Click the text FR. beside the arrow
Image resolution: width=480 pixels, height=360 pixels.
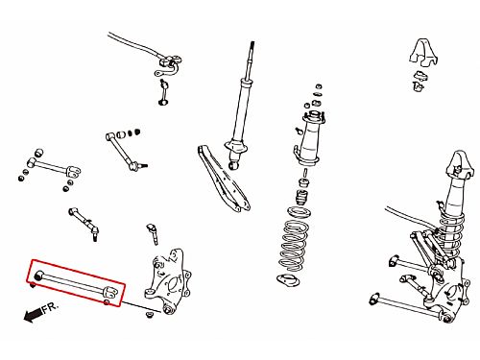coord(50,307)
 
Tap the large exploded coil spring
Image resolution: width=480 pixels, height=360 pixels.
coord(294,246)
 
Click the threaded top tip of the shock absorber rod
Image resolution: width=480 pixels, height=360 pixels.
coord(252,43)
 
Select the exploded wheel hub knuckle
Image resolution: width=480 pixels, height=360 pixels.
coord(168,282)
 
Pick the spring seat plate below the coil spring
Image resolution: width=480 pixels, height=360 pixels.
coord(288,280)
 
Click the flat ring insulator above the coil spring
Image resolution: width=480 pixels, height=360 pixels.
coord(299,212)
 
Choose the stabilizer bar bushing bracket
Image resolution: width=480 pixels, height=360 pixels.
coord(169,65)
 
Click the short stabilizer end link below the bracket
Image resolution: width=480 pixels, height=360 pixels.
coord(163,92)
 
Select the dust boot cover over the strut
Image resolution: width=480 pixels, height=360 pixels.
coord(307,142)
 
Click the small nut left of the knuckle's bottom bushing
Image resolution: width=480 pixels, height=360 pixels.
coord(149,315)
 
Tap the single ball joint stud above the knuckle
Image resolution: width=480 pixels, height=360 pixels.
coord(153,234)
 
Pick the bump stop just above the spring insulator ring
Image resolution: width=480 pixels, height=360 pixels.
coord(301,198)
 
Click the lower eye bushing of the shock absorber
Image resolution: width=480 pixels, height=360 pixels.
coord(234,165)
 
